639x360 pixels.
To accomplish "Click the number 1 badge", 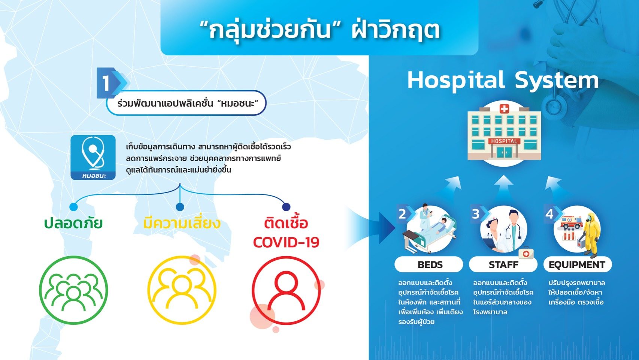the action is tap(110, 83).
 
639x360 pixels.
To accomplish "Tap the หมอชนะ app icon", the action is tap(93, 157).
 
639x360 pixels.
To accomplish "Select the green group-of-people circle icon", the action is tap(73, 290).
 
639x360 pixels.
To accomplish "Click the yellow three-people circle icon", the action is tap(182, 290).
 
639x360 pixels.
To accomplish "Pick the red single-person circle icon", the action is tap(286, 290).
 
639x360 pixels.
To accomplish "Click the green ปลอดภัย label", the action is tap(73, 223).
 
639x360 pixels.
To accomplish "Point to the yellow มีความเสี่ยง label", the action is tap(182, 223).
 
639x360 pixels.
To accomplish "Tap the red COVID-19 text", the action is tap(286, 242).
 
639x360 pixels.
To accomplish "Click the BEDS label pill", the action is tap(429, 264).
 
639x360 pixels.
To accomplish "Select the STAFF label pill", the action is tap(503, 264).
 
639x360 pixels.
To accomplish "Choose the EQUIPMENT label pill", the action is tap(577, 264).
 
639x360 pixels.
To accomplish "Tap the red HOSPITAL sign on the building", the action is tap(504, 141).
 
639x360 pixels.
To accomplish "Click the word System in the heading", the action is tap(557, 81).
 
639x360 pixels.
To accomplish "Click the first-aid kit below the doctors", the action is tap(526, 253).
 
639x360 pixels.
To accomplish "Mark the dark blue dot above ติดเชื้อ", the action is tap(286, 207).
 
